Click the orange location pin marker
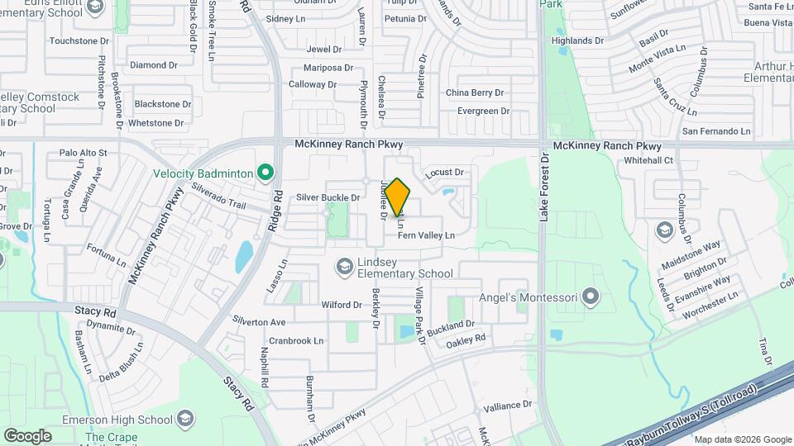[x=398, y=197]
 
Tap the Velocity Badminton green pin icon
[x=265, y=173]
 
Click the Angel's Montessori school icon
[x=590, y=295]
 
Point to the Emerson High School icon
[x=186, y=420]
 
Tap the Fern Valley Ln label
[x=426, y=235]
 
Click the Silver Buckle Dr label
[x=328, y=197]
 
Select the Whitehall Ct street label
[x=649, y=160]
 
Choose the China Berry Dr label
[x=475, y=93]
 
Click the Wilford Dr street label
[x=342, y=305]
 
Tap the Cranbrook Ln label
[x=295, y=340]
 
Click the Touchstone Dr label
[x=79, y=40]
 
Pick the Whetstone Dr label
[x=156, y=123]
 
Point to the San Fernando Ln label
[x=716, y=131]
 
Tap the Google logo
[x=27, y=435]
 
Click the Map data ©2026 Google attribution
[x=741, y=439]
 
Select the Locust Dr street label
[x=445, y=173]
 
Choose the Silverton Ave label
[x=259, y=321]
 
